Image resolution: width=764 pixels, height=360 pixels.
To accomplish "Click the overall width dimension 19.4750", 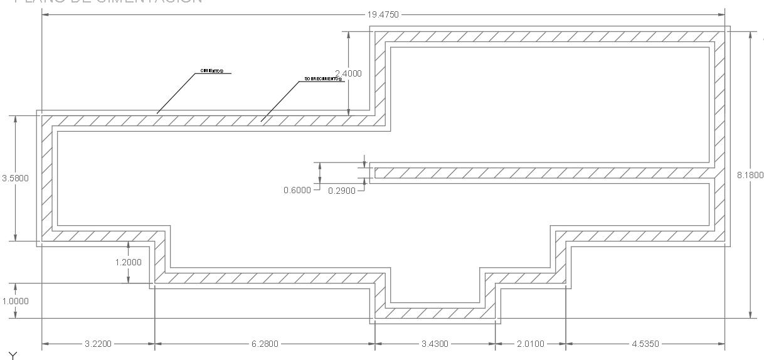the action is click(x=383, y=14).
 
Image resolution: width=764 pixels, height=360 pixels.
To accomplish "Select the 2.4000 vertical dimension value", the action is click(x=348, y=73).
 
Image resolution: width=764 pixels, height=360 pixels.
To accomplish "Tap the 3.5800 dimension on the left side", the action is click(x=15, y=178).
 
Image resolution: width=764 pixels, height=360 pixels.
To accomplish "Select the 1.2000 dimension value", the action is click(x=128, y=262).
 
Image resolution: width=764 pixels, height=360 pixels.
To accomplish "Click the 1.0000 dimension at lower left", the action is click(x=15, y=301).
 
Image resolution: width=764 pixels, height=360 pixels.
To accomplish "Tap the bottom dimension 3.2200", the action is click(x=97, y=344).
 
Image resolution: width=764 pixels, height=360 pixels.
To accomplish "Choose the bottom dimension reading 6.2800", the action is click(x=264, y=344).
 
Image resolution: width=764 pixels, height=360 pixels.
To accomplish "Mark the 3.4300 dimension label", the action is click(x=435, y=344).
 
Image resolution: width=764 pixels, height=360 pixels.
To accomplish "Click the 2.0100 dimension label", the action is click(x=530, y=344).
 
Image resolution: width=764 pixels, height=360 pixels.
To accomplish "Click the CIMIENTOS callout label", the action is click(x=211, y=71).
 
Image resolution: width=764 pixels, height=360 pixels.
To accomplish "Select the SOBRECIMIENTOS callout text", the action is click(x=323, y=80).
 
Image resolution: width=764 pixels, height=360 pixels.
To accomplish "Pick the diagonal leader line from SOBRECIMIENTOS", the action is click(x=279, y=100).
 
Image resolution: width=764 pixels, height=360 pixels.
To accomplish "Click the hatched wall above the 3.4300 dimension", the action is click(x=435, y=312).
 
